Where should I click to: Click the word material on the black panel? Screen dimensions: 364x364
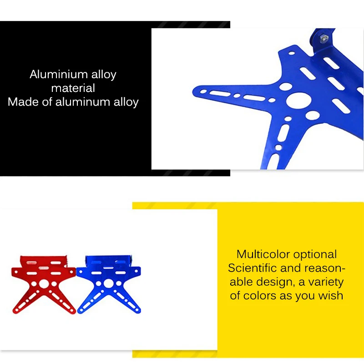(73, 88)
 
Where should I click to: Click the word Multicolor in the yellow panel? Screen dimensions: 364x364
(263, 254)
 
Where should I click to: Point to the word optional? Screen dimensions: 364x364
(315, 254)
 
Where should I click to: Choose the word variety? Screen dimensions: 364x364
(327, 282)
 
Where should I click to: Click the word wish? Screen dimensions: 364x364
(331, 296)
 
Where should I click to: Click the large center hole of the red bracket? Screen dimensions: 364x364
(44, 283)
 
